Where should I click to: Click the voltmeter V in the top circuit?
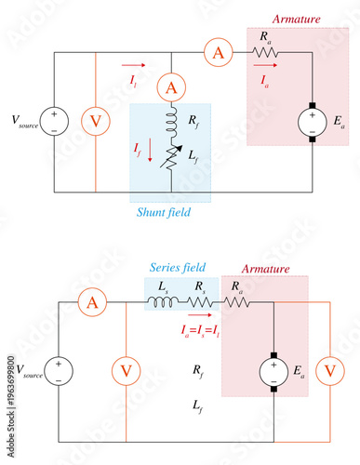(96, 121)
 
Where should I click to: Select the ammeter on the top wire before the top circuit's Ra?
(219, 53)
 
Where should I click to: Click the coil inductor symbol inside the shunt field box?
(170, 120)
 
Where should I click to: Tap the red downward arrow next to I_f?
(150, 153)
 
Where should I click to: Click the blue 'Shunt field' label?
(170, 212)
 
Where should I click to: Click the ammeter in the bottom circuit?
(91, 302)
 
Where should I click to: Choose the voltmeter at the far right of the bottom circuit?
(327, 371)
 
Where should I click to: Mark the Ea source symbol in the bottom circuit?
(274, 371)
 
